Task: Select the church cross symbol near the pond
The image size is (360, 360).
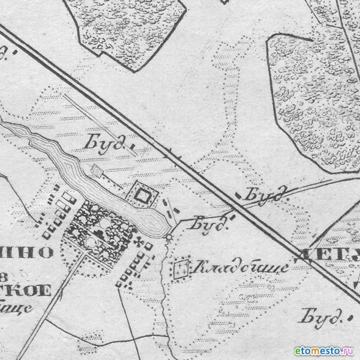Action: pyautogui.click(x=142, y=242)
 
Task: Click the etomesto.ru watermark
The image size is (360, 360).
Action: pyautogui.click(x=324, y=350)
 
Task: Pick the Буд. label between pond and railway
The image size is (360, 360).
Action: pyautogui.click(x=210, y=224)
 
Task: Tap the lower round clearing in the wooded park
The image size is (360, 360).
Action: pyautogui.click(x=90, y=241)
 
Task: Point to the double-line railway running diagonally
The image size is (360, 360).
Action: pyautogui.click(x=198, y=174)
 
